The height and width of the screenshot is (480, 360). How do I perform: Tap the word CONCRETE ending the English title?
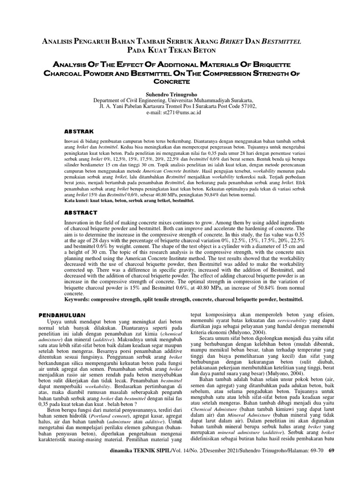point(180,81)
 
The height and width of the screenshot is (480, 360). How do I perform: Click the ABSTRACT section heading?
point(81,212)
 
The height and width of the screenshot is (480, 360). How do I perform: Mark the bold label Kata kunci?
point(76,200)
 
